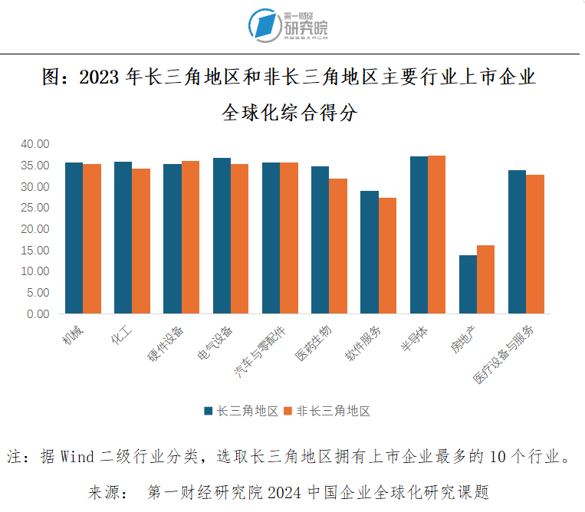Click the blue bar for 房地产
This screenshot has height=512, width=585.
point(468,284)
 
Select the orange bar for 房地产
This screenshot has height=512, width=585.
point(485,279)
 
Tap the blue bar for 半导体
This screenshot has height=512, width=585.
point(419,235)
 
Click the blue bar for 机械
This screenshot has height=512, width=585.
point(74,238)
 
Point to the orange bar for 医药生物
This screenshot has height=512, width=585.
point(338,245)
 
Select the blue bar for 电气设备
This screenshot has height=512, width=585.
point(222,235)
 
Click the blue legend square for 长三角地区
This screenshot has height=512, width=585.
point(208,411)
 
